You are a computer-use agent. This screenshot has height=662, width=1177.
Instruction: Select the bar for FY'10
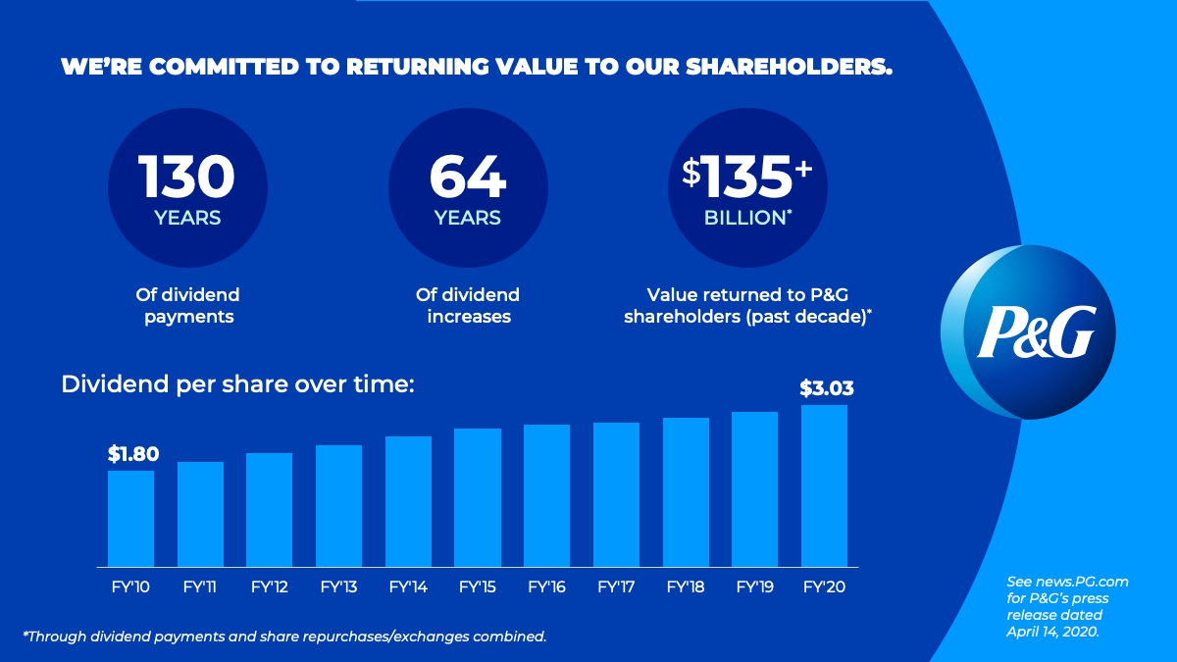point(130,518)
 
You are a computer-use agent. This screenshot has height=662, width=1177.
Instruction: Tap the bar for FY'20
point(824,485)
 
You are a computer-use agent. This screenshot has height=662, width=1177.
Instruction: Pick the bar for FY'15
point(478,497)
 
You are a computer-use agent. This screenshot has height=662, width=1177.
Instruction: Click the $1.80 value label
point(132,454)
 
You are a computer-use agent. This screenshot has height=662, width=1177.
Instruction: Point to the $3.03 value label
point(826,388)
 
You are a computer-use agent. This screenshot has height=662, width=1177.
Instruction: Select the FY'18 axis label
point(687,587)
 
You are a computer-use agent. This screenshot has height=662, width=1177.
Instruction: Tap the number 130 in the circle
point(186,177)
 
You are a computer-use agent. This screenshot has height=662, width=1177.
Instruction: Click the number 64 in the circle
point(468,177)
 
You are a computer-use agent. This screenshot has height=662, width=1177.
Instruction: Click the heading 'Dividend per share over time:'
point(238,384)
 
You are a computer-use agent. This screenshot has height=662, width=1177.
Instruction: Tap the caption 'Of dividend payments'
point(187,305)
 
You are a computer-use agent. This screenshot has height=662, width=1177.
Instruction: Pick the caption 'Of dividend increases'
point(468,305)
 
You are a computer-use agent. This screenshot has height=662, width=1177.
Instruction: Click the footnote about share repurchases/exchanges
point(284,637)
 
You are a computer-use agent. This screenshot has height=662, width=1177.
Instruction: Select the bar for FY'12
point(270,509)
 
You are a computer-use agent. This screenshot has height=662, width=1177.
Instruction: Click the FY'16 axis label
point(547,587)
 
